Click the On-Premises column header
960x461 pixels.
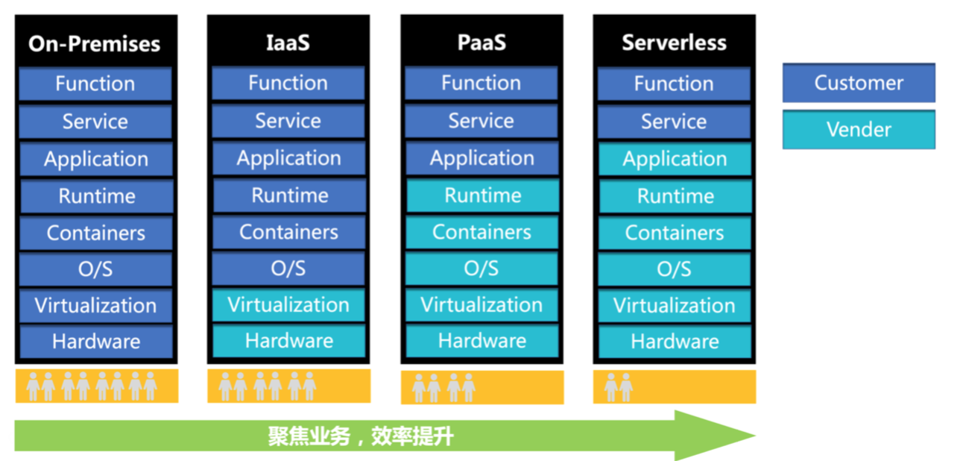point(95,43)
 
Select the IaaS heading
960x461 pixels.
point(288,43)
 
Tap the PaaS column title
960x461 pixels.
point(481,43)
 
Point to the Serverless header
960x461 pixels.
point(674,43)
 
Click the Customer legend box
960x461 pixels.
point(859,83)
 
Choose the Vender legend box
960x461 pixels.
point(859,130)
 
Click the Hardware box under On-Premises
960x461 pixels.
point(96,342)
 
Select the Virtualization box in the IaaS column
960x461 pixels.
point(288,305)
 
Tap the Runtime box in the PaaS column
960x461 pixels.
point(481,196)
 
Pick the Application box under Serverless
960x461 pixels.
point(675,160)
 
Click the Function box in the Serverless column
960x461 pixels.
point(674,84)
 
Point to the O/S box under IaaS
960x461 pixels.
point(288,269)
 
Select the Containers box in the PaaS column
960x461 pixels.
point(481,232)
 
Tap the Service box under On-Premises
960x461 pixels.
point(95,122)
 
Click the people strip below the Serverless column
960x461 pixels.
point(675,386)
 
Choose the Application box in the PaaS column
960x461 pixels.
point(481,159)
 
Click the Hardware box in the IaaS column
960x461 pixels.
point(288,342)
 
